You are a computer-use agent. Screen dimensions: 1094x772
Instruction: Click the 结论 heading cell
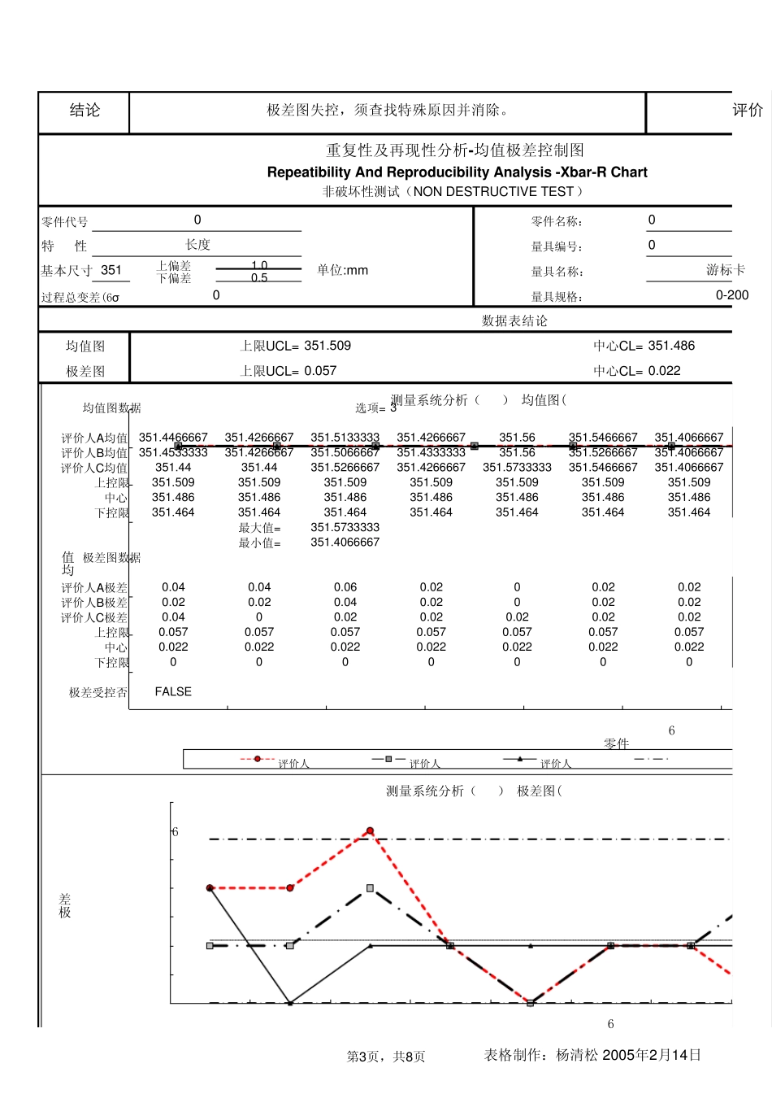(x=85, y=111)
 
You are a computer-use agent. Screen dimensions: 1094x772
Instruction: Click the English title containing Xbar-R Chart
(x=457, y=172)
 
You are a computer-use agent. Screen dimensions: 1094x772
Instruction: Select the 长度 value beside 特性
(x=197, y=245)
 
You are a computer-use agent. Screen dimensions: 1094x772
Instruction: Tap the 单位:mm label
(x=342, y=270)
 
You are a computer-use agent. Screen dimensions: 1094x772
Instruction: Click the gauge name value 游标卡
(x=725, y=270)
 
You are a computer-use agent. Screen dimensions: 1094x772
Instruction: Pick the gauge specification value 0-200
(x=731, y=295)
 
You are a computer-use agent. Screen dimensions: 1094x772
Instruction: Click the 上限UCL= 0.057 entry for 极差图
(x=288, y=371)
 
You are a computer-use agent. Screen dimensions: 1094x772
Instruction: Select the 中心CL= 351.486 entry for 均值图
(x=644, y=346)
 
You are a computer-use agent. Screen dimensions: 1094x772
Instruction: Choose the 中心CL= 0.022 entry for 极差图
(x=636, y=371)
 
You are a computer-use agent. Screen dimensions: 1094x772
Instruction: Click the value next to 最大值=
(x=345, y=527)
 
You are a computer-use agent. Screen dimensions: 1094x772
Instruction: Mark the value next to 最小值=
(x=345, y=543)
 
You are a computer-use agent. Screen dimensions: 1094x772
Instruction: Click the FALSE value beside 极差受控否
(x=173, y=691)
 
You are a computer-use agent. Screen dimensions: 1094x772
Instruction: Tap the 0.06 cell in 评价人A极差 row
(x=345, y=587)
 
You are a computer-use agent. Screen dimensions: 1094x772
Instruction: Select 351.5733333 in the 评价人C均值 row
(x=517, y=468)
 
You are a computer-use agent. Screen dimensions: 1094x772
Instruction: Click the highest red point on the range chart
(x=370, y=830)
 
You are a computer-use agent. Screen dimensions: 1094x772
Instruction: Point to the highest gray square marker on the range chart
(x=370, y=888)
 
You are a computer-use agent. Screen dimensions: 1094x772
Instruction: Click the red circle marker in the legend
(x=258, y=759)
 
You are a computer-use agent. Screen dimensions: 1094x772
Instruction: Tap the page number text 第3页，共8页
(x=386, y=1057)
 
